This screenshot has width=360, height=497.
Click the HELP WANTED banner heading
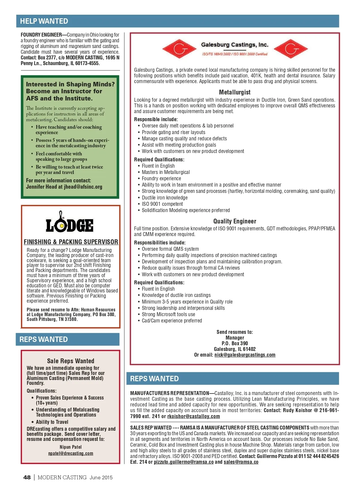point(44,21)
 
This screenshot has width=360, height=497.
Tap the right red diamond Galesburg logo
point(291,49)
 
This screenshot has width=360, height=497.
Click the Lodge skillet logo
point(70,222)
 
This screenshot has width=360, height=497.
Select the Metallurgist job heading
point(235,92)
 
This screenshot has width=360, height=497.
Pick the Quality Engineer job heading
point(235,221)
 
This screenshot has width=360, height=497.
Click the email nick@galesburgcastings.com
point(245,355)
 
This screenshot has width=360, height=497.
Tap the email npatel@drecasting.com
point(71,453)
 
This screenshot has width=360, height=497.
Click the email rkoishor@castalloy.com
point(193,416)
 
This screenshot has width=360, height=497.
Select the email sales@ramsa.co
point(241,462)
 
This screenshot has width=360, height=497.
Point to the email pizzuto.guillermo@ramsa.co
point(184,462)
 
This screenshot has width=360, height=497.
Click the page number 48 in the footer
point(27,477)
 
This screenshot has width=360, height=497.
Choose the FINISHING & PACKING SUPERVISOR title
point(71,242)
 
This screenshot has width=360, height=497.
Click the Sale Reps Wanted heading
point(71,361)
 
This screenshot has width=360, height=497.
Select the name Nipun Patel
point(71,447)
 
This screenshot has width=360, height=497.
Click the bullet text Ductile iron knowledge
point(165,198)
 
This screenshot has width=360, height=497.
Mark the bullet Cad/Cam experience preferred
point(172,321)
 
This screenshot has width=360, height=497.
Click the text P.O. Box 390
point(235,343)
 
